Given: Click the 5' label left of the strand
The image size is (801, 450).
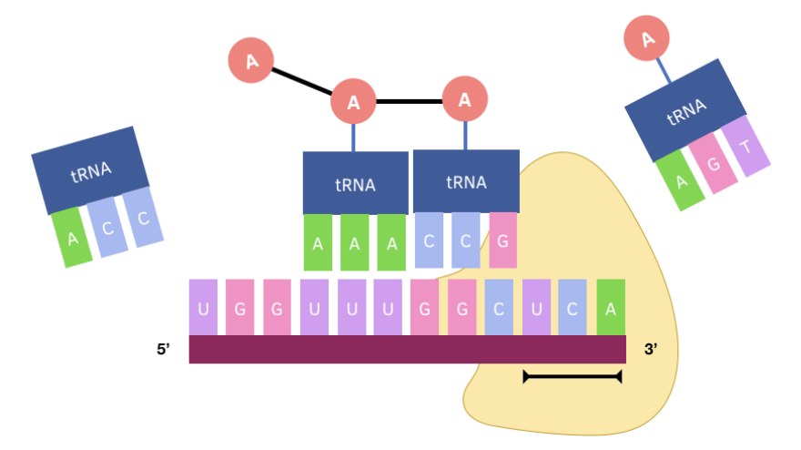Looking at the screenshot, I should (163, 348).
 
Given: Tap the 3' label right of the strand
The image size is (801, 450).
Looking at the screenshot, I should (651, 348).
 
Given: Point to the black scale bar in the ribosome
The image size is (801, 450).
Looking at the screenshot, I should (572, 376).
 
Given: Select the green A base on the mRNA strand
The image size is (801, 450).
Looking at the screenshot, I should (611, 307).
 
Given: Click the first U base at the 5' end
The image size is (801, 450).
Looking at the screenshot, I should (203, 307).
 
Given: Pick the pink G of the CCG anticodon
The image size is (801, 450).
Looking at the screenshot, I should (502, 240).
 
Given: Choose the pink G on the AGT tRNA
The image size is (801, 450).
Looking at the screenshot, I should (714, 162).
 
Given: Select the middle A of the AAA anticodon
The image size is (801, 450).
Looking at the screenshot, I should (355, 243).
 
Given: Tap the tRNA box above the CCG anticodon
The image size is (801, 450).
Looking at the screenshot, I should (466, 181).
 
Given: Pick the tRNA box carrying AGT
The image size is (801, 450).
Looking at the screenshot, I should (685, 109).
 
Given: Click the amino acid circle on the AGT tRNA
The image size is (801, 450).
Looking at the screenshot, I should (647, 39).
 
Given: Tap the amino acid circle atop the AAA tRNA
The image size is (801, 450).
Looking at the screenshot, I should (354, 102).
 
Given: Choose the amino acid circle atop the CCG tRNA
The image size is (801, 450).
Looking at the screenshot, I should (465, 99).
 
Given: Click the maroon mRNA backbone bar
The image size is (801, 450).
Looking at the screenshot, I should (407, 349).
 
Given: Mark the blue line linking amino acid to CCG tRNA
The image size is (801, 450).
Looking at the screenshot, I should (466, 136).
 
